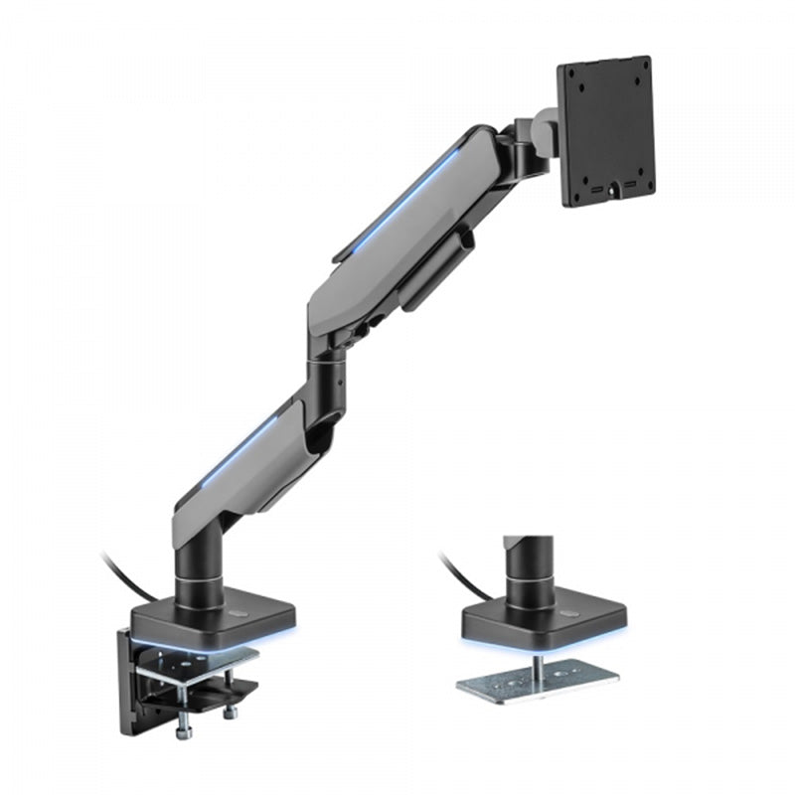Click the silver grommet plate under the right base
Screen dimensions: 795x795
[x=537, y=685]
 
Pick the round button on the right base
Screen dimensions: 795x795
[x=568, y=613]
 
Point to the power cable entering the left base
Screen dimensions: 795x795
[x=124, y=577]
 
